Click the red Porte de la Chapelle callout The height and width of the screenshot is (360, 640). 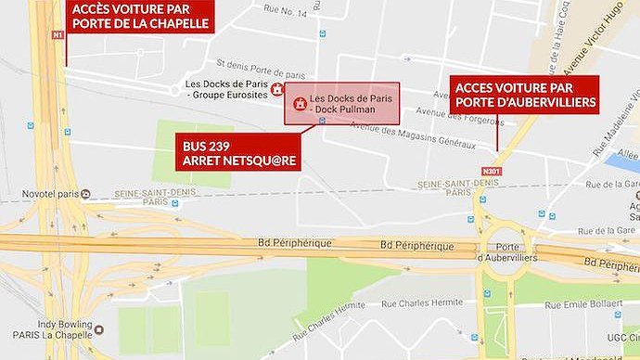coord(139,16)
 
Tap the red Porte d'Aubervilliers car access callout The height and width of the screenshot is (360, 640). coord(525,95)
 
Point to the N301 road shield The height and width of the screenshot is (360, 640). coord(492,172)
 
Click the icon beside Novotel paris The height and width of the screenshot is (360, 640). coord(85,194)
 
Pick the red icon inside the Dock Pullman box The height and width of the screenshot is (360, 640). coord(299,104)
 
